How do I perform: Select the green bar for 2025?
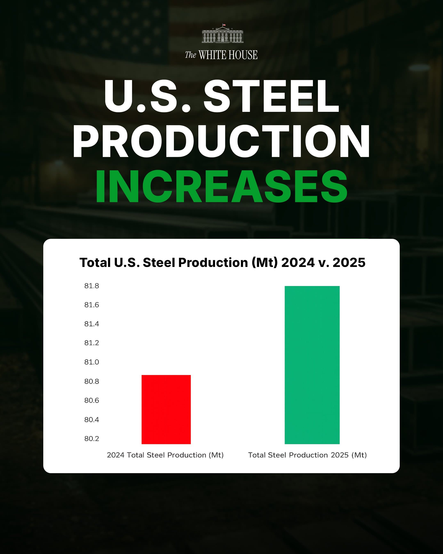click(312, 365)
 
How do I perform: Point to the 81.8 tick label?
click(91, 286)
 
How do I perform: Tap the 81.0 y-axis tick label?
click(91, 362)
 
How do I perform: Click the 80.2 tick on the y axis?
click(91, 439)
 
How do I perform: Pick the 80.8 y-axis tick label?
click(91, 381)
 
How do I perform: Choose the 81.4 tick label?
click(91, 324)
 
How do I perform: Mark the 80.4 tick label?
click(91, 420)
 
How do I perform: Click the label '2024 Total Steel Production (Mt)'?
click(165, 455)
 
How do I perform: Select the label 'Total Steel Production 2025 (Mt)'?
click(307, 455)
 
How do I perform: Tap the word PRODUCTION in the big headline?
click(221, 141)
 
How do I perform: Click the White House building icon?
click(222, 35)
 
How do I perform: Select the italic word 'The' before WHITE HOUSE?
click(191, 55)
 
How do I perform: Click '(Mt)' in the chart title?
click(265, 263)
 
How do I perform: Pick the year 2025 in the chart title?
click(349, 263)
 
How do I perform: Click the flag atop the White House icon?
click(224, 25)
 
